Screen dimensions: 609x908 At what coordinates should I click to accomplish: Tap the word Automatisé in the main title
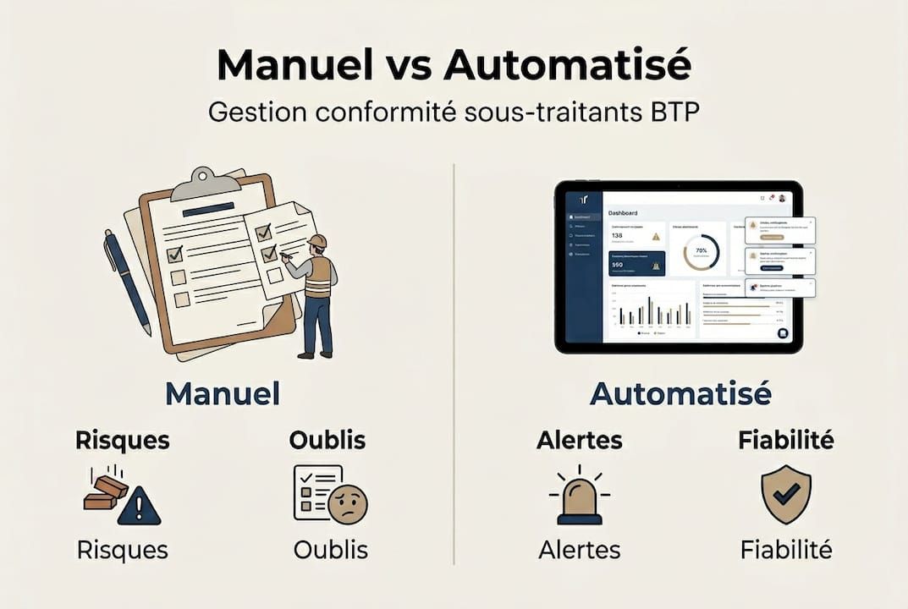564,66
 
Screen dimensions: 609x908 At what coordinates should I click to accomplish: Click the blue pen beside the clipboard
126,279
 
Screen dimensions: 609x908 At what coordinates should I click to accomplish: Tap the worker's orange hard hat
317,242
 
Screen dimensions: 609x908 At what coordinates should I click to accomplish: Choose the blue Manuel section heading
222,393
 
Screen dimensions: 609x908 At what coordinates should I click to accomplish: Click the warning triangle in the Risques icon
139,507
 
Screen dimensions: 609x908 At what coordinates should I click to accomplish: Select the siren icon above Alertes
579,497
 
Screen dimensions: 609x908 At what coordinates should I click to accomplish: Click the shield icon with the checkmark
785,494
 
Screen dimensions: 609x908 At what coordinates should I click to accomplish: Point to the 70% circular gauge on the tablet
701,252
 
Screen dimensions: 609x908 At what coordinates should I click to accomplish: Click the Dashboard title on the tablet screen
623,213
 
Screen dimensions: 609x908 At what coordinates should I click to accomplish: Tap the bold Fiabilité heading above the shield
785,440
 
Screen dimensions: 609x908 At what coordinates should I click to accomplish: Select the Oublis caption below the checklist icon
330,550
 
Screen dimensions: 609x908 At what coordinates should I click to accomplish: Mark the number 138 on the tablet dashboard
618,236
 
